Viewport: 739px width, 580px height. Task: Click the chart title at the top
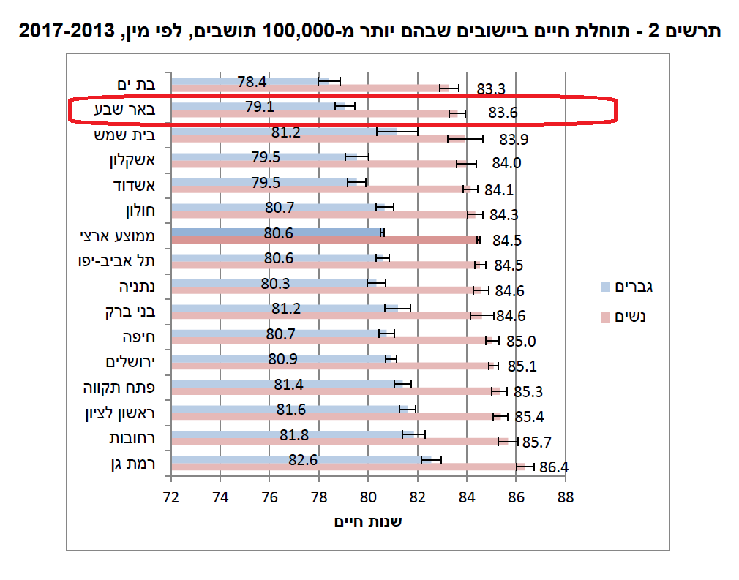coord(369,31)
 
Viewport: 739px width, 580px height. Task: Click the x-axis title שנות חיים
coord(368,521)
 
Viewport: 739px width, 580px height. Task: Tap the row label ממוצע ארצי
coord(121,236)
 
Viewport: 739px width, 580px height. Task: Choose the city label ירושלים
coord(132,362)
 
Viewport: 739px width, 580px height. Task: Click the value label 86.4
coord(554,467)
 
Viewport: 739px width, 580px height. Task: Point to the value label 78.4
coord(252,81)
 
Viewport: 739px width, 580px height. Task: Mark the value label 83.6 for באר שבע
coord(502,113)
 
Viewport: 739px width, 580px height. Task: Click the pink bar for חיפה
coord(329,341)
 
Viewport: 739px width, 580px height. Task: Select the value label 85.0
coord(521,342)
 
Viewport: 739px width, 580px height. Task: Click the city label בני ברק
coord(131,312)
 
